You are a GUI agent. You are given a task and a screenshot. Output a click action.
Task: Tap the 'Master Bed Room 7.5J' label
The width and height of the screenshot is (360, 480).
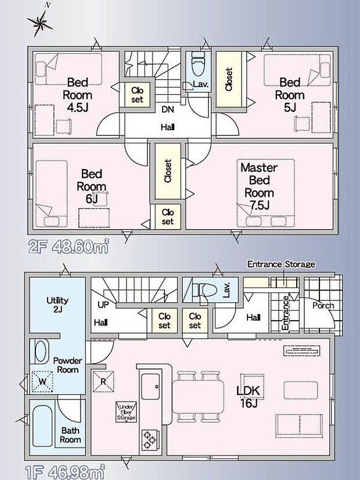pos(259,186)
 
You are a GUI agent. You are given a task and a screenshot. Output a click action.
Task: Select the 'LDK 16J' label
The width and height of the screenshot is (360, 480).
pos(248,396)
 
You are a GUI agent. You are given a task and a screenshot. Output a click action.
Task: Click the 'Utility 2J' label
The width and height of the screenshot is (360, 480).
pos(57,305)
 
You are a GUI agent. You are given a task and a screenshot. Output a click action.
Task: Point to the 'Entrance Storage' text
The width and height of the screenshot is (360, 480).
pos(281,264)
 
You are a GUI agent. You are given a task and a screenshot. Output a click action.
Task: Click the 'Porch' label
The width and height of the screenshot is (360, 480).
pos(323,306)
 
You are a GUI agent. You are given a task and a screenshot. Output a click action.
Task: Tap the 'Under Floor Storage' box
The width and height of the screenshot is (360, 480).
pos(126,412)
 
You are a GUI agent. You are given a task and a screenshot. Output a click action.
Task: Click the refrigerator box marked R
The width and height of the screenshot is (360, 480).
pos(103,381)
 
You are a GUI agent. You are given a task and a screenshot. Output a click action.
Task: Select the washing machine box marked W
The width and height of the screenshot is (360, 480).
pos(42,382)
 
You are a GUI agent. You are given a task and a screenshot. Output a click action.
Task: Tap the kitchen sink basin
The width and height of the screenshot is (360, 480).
pos(150,386)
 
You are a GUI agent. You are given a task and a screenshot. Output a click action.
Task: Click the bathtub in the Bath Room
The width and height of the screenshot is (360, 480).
pos(42,426)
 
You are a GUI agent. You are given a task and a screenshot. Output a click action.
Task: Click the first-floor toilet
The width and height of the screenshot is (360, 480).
pos(203,289)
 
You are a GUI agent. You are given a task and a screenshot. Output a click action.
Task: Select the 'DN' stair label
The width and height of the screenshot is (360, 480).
pos(167,109)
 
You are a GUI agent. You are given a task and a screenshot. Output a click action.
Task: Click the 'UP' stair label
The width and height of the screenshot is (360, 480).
pos(103,305)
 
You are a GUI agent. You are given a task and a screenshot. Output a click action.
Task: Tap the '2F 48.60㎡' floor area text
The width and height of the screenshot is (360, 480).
pos(69,247)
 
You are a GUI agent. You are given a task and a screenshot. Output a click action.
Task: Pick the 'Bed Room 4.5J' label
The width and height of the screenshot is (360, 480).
pos(77,95)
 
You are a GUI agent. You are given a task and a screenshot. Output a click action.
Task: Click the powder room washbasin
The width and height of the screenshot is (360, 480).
pos(42,352)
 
